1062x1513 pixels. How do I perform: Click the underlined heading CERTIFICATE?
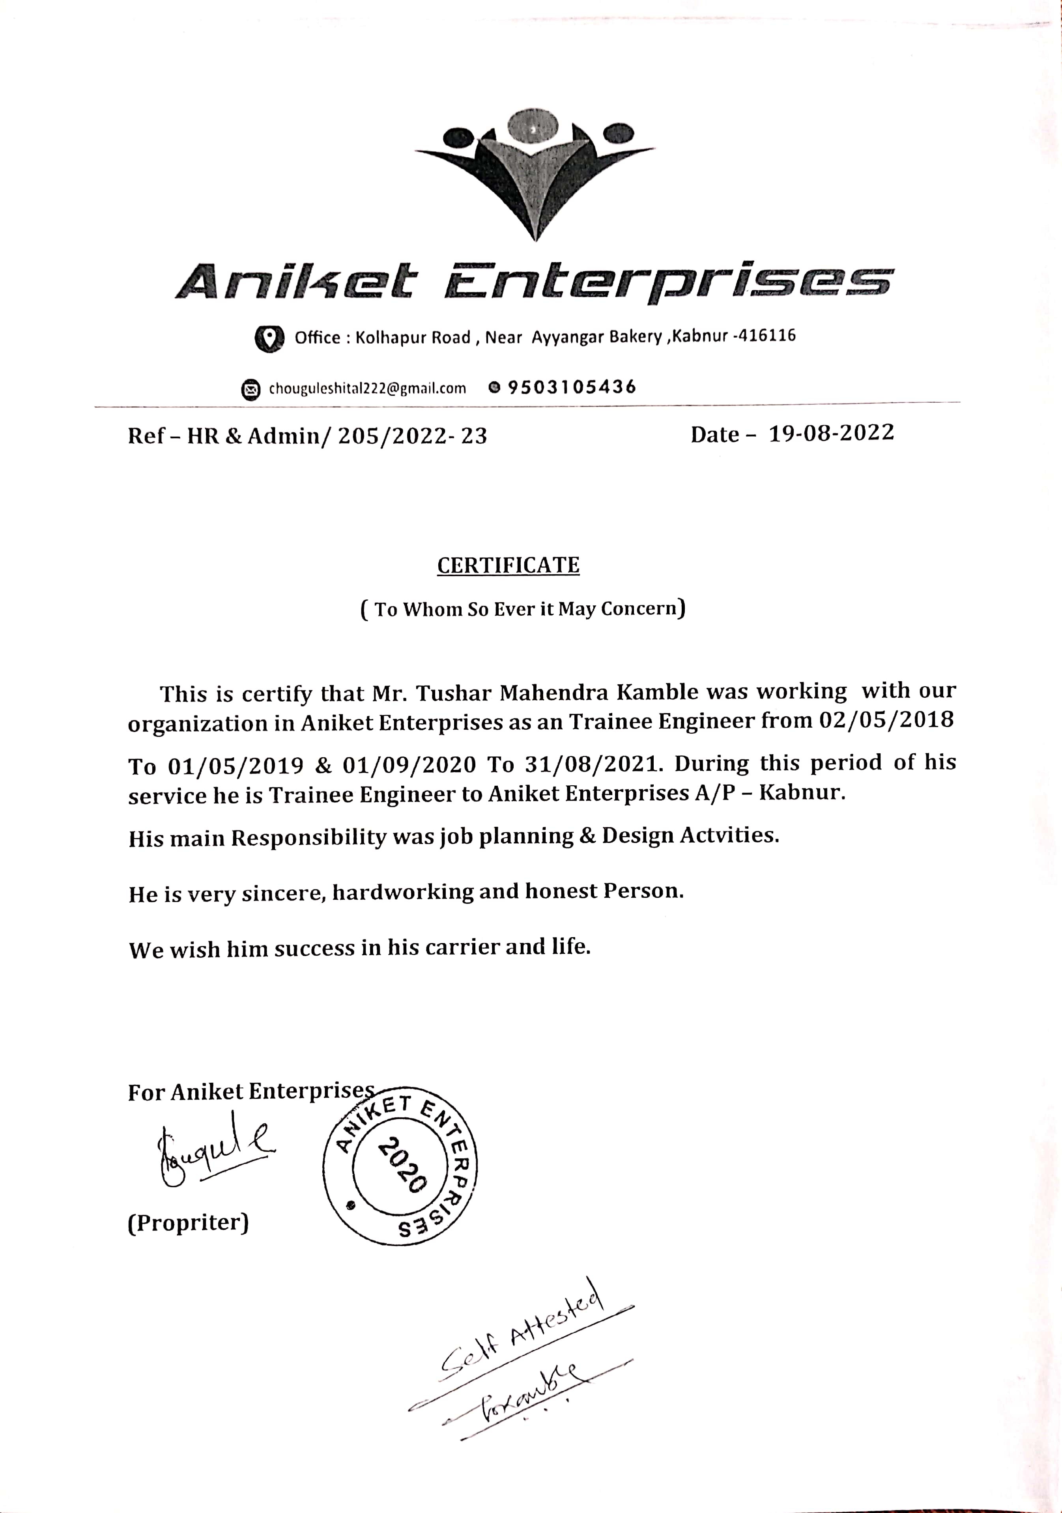[508, 565]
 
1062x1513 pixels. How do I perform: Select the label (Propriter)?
[188, 1222]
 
